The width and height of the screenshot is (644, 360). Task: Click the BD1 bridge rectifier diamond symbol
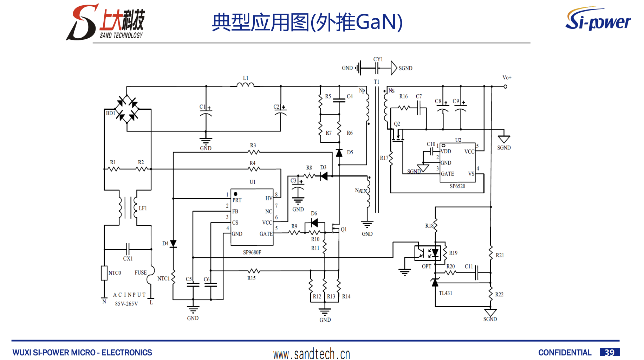(127, 109)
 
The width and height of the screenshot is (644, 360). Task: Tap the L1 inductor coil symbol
(245, 85)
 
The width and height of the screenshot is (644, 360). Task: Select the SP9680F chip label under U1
(252, 252)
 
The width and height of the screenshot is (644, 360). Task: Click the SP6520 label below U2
(457, 186)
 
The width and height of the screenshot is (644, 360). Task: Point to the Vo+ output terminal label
(507, 78)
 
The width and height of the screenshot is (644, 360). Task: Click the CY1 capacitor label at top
(378, 59)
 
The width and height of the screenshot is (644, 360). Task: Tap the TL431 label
(445, 293)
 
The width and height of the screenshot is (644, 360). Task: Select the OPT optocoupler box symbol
(428, 253)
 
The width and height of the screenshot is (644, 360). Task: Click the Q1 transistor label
(344, 230)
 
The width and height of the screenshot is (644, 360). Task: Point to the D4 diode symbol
(173, 244)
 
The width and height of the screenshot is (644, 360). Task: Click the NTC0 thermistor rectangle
(104, 273)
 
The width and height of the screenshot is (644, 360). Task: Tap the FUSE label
(141, 273)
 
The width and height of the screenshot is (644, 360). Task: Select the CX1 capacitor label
(128, 259)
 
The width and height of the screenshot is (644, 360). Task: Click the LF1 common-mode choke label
(143, 208)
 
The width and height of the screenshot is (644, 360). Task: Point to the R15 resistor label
(251, 278)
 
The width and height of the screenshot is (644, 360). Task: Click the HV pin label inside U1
(269, 198)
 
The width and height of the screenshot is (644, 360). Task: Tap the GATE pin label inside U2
(447, 174)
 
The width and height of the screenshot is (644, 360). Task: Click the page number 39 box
(609, 352)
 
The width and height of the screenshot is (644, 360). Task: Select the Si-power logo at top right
(598, 19)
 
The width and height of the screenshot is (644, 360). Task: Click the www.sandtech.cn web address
(312, 354)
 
